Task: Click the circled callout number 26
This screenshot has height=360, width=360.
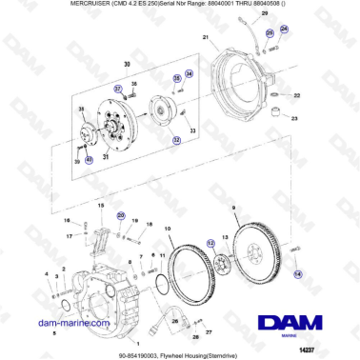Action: [270, 31]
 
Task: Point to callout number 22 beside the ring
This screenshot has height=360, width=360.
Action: [295, 96]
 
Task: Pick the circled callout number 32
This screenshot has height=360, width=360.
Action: [176, 139]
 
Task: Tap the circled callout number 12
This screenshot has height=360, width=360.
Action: [211, 243]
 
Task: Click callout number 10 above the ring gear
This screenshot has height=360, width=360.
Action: [169, 229]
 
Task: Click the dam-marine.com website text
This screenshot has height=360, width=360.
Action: [65, 324]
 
